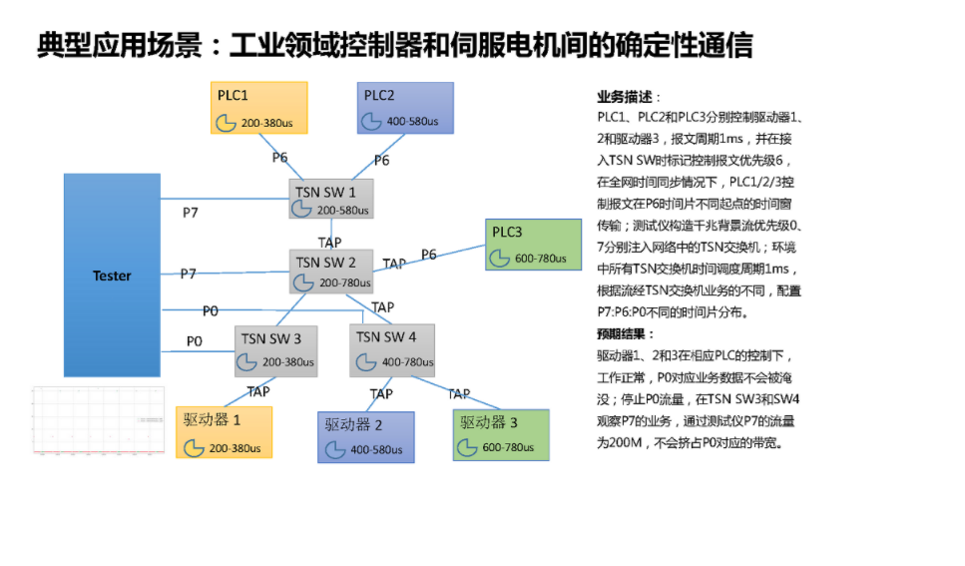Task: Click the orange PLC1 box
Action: [258, 108]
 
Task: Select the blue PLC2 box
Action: [405, 108]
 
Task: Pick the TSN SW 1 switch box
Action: [331, 199]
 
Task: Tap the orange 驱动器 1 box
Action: [224, 432]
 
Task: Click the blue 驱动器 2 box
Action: [365, 436]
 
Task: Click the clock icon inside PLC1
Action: [228, 123]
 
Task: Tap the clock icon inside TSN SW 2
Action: [302, 283]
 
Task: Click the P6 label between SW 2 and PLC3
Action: [428, 256]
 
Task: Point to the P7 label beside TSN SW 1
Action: [190, 213]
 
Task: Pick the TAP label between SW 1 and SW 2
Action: [329, 242]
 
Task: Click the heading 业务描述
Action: [625, 97]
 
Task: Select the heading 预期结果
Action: [625, 333]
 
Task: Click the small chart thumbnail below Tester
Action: [98, 419]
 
